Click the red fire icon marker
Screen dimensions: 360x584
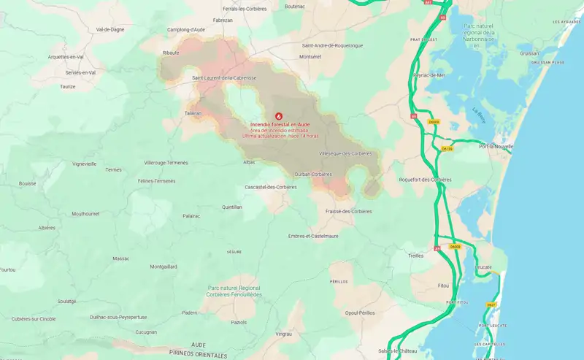coord(277,115)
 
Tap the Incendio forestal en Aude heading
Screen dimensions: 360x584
coord(280,125)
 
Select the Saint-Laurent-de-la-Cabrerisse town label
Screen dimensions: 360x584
coord(224,77)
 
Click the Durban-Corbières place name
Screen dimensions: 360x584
coord(313,174)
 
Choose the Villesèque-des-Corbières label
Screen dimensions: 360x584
coord(346,153)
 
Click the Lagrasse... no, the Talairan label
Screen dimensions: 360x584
coord(193,113)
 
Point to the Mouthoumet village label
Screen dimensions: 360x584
coord(90,213)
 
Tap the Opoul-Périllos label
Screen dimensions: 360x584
coord(360,313)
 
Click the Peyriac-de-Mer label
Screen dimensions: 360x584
coord(429,74)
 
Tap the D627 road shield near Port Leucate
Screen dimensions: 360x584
coord(491,305)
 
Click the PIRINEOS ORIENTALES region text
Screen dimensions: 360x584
coord(197,353)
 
